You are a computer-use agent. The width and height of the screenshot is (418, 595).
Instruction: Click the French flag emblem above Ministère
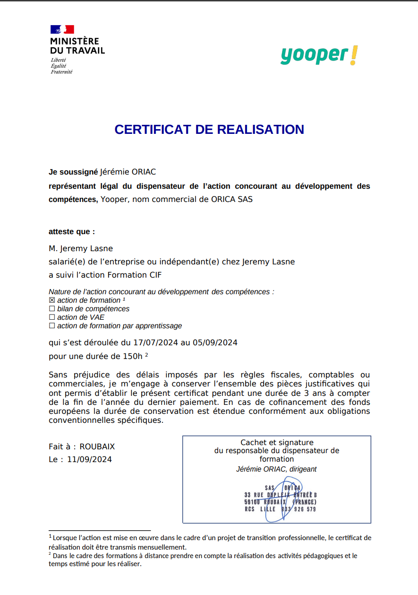62,29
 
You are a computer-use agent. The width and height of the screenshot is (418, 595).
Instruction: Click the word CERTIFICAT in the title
150,130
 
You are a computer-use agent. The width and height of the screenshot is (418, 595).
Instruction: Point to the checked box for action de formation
52,300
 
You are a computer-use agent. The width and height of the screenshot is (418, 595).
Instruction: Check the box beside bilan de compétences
52,309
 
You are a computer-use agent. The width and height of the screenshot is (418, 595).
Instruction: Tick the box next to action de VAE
52,317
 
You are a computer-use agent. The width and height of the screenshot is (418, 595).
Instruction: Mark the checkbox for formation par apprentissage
52,326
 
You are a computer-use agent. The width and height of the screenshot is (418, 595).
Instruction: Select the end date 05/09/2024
215,342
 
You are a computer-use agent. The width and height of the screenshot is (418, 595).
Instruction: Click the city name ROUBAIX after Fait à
97,446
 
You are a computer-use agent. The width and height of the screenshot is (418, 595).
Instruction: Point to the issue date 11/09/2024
89,459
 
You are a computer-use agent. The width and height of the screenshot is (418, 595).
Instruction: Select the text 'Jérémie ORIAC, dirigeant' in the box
276,469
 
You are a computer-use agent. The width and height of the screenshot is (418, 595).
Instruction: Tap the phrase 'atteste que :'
72,232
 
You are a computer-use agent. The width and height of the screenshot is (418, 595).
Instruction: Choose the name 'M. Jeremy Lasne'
81,248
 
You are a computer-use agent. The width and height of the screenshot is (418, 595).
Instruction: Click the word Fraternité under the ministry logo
62,72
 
